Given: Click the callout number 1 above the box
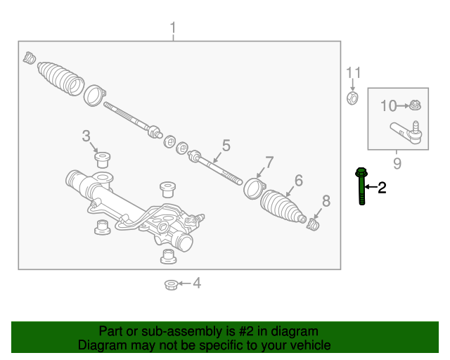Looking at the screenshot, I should pyautogui.click(x=173, y=29).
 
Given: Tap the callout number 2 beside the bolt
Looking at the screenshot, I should pyautogui.click(x=382, y=187).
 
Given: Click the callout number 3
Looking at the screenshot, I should pyautogui.click(x=86, y=135).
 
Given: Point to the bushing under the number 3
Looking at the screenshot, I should pyautogui.click(x=104, y=158).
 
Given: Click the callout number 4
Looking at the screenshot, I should pyautogui.click(x=197, y=283).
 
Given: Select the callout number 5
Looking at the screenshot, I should pyautogui.click(x=226, y=146).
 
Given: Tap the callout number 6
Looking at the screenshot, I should pyautogui.click(x=298, y=181).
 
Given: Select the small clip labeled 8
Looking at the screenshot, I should pyautogui.click(x=314, y=224).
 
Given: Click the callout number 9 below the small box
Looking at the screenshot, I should pyautogui.click(x=397, y=164).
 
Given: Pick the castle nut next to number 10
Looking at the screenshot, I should pyautogui.click(x=416, y=106).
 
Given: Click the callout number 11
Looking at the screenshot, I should pyautogui.click(x=353, y=72).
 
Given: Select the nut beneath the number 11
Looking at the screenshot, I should pyautogui.click(x=353, y=97).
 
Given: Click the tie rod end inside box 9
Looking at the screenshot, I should pyautogui.click(x=407, y=131).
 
